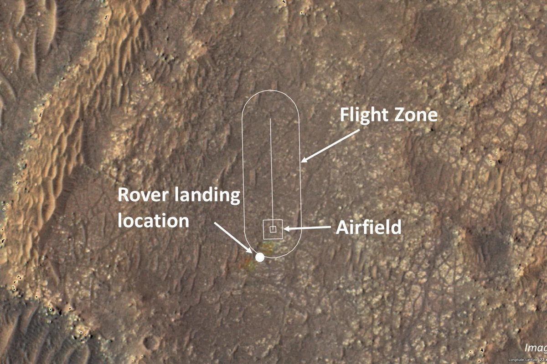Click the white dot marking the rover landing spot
point(260,258)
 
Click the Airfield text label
point(368,227)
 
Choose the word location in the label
point(153,221)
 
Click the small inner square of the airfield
point(273,229)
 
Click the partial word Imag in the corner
point(535,349)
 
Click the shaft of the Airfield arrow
point(310,229)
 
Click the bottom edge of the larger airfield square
point(273,238)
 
